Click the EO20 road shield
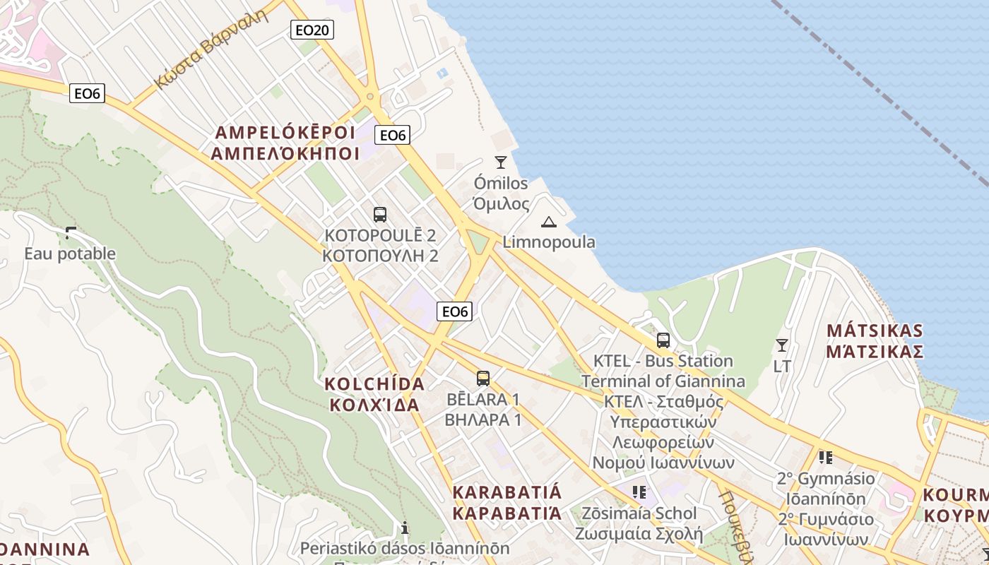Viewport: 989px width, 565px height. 312,30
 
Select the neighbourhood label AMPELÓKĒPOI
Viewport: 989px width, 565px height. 285,133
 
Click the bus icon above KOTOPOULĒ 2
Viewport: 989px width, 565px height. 380,215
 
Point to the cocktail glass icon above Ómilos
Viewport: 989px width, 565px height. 501,162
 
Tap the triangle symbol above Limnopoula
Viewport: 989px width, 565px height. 548,222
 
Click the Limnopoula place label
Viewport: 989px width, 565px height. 549,242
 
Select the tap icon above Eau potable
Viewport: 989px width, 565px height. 70,232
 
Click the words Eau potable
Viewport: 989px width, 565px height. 70,254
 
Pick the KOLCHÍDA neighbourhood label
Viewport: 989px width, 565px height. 374,384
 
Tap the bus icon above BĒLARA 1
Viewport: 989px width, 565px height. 483,379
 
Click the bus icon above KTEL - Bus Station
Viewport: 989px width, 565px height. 663,340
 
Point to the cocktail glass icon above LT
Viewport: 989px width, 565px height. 781,345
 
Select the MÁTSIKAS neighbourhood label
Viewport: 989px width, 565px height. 875,331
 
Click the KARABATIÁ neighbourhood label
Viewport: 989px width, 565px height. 507,492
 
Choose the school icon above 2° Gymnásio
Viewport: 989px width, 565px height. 825,458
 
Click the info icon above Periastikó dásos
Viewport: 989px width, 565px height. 405,527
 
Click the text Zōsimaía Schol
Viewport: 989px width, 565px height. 639,513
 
